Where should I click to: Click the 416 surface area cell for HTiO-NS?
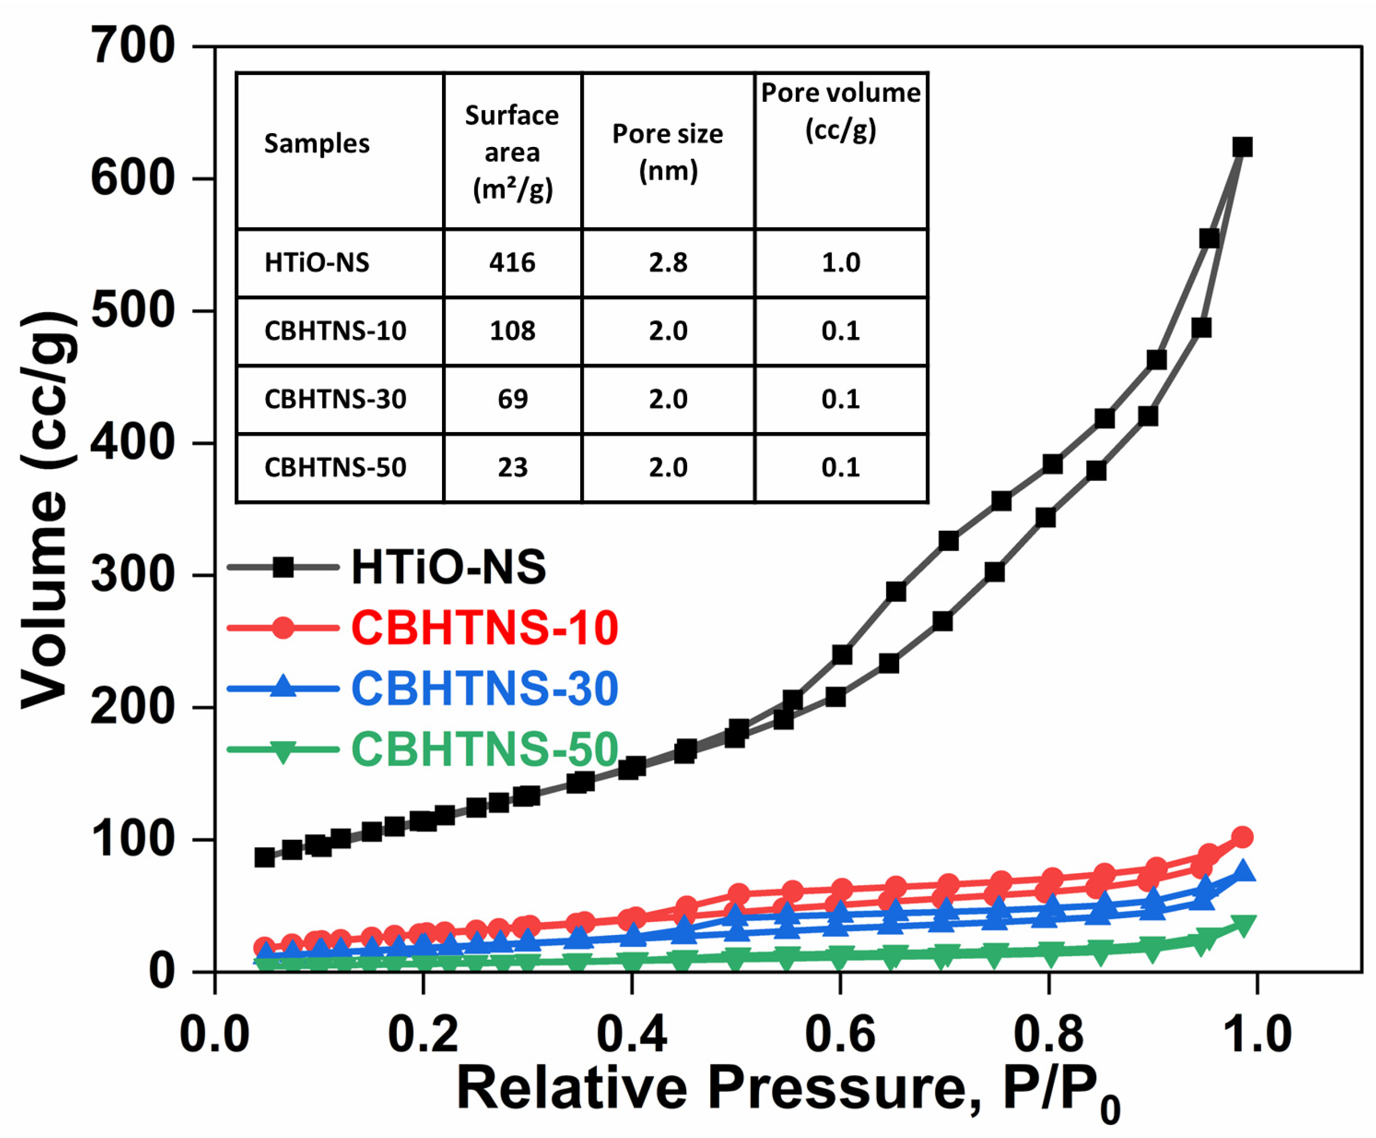(512, 263)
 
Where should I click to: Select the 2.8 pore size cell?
(667, 263)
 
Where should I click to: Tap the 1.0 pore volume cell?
(840, 263)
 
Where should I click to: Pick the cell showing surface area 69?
(512, 399)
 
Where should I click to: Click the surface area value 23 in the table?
(512, 467)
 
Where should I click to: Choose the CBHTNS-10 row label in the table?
(335, 331)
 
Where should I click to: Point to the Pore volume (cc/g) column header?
(840, 111)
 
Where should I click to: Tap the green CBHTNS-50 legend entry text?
(484, 749)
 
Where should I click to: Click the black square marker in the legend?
(283, 567)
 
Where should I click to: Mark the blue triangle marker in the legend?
(283, 687)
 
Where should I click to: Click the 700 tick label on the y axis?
(133, 47)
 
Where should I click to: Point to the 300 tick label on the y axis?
(133, 575)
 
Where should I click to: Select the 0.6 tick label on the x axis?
(840, 1035)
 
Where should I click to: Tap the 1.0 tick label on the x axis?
(1257, 1035)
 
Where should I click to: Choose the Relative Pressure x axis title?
(786, 1089)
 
